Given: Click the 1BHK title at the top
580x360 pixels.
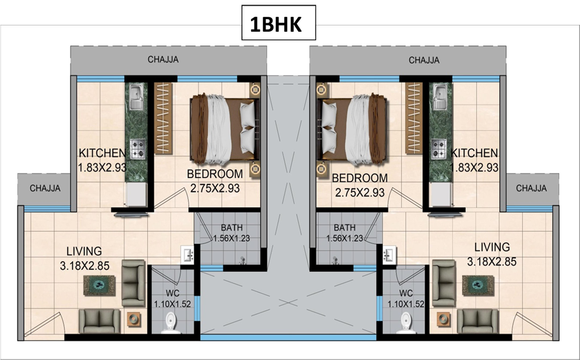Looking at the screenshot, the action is pos(275,24).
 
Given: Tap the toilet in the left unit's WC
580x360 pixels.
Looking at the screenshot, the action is pos(171,322).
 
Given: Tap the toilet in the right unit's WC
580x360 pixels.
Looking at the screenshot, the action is pos(406,322).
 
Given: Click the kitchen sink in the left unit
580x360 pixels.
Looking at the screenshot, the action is pos(136,96).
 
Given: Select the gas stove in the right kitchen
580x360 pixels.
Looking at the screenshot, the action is pos(439,148).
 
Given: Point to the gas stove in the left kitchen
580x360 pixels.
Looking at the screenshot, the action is pos(137,148).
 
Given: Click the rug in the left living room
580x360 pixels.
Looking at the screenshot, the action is pos(99,285).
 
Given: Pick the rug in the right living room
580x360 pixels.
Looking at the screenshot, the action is pos(478,285).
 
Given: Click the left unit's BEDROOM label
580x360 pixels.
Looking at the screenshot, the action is pos(215,174).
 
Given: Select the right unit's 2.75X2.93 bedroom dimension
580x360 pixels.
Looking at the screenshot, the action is pos(360,192).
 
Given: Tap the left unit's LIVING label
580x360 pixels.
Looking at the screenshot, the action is pos(84,252).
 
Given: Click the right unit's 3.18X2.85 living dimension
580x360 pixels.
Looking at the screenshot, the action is pos(492,262).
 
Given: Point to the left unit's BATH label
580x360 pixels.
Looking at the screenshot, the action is pos(232,228).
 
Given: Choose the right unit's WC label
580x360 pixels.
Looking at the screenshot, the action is pos(406,294).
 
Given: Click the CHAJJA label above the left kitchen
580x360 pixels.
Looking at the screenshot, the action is pos(163,60).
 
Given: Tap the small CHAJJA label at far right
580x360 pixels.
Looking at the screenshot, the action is pos(531,188).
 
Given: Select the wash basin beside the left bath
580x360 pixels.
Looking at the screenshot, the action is pos(187,254).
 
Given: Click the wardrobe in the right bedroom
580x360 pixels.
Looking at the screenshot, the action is pos(414,118).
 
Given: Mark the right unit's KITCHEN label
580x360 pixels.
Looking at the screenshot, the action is pos(474,153).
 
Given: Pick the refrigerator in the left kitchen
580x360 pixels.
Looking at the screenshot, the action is pos(135,194).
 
